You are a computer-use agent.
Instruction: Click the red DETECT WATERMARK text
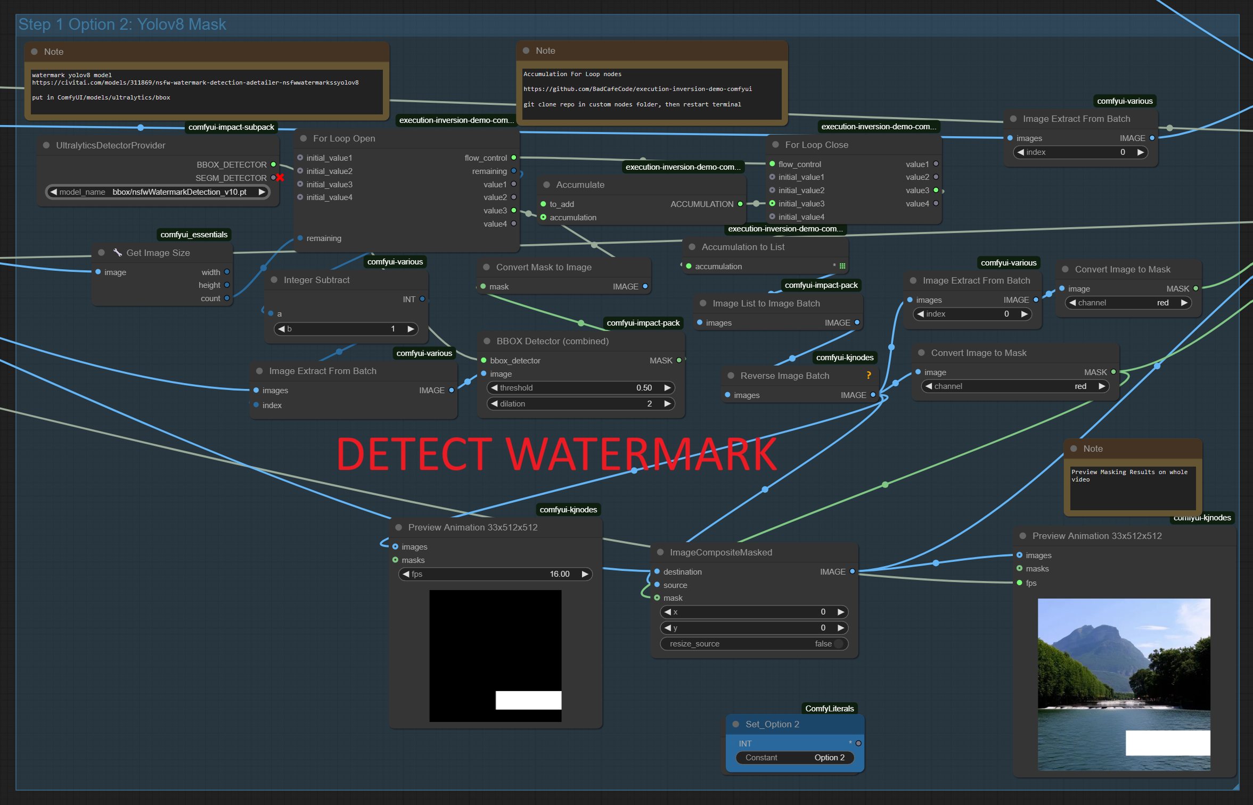pyautogui.click(x=556, y=454)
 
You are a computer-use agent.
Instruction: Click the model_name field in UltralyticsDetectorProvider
pyautogui.click(x=158, y=192)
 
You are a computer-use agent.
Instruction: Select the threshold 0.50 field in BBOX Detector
pyautogui.click(x=580, y=388)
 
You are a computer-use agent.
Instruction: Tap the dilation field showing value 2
pyautogui.click(x=580, y=404)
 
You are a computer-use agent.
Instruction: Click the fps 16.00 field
pyautogui.click(x=495, y=574)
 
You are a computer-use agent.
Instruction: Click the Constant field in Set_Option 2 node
pyautogui.click(x=795, y=758)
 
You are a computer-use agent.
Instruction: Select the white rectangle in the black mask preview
pyautogui.click(x=528, y=700)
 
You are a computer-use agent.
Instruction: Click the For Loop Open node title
pyautogui.click(x=344, y=138)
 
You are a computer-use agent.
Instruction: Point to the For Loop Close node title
pyautogui.click(x=816, y=145)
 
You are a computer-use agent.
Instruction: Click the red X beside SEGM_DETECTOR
pyautogui.click(x=280, y=178)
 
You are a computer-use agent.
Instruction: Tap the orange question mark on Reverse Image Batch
pyautogui.click(x=869, y=375)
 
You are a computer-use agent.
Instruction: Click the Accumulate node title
pyautogui.click(x=580, y=185)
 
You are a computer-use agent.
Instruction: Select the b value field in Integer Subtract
pyautogui.click(x=346, y=329)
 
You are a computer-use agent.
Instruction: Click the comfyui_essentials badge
pyautogui.click(x=194, y=235)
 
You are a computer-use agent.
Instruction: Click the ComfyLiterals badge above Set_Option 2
pyautogui.click(x=829, y=708)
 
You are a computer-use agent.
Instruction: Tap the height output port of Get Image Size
pyautogui.click(x=227, y=285)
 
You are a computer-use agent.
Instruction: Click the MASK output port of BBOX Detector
pyautogui.click(x=679, y=360)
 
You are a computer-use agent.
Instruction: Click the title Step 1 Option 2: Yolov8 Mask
pyautogui.click(x=122, y=24)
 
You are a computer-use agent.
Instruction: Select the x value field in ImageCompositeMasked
pyautogui.click(x=754, y=612)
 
